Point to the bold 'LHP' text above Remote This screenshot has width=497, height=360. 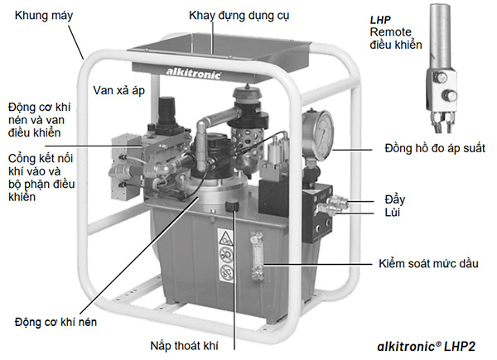pos(382,17)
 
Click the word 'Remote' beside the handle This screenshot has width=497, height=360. pos(390,31)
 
